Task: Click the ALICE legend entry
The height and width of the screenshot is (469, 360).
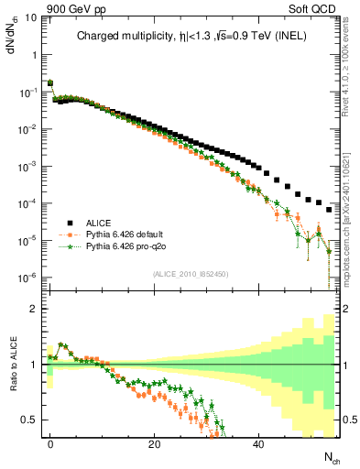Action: [101, 223]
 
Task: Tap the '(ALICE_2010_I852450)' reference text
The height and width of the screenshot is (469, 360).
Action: [191, 273]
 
